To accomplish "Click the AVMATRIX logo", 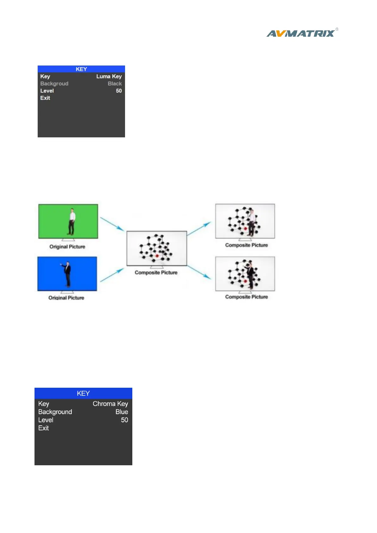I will pos(301,33).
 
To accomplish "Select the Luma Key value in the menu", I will pos(109,77).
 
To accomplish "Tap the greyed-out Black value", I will pos(115,84).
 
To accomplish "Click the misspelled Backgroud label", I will pos(54,84).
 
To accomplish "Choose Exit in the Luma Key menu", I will pos(45,98).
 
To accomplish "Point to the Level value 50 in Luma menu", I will pos(119,91).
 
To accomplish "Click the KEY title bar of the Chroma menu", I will pos(83,393).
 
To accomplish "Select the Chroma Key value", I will pos(110,404).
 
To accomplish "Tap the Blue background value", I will pos(122,412).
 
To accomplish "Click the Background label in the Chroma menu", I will pos(55,412).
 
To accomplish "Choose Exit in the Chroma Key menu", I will pos(43,428).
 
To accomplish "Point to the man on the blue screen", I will pos(67,273).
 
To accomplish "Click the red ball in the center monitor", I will pos(157,255).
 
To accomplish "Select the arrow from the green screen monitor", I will pos(112,223).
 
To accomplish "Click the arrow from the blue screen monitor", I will pos(112,275).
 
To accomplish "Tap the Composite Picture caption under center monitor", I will pos(156,273).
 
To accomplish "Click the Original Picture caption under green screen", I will pos(67,247).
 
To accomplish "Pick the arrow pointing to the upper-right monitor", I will pos(199,229).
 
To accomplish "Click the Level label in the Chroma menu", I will pos(46,420).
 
